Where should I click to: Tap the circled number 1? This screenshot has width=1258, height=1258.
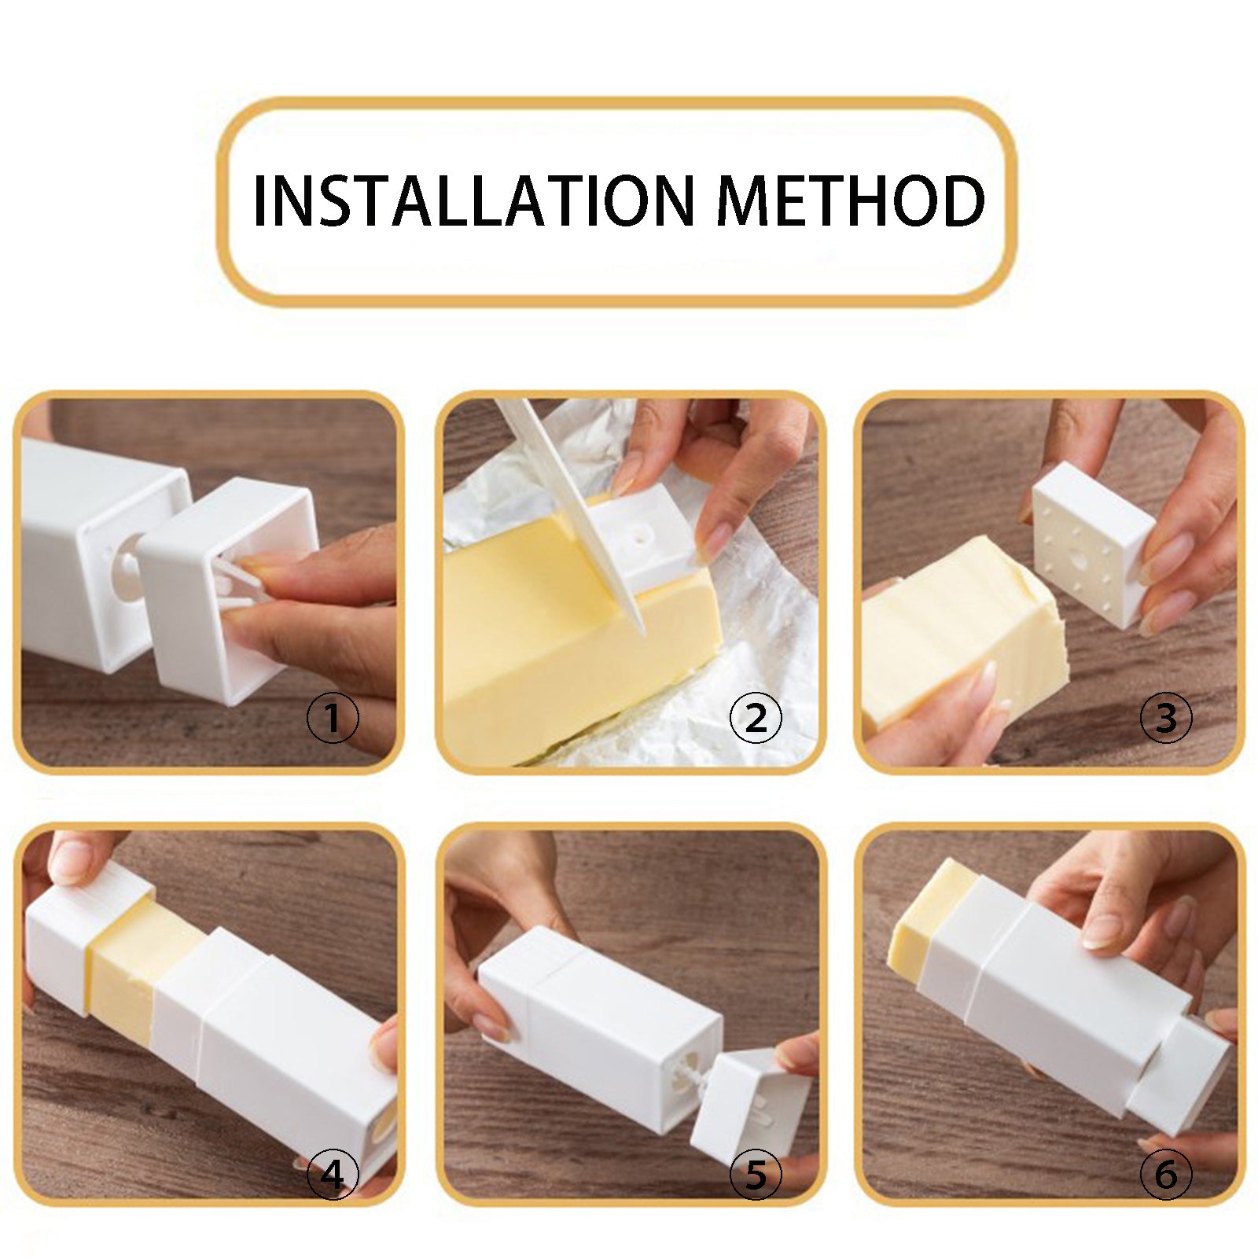333,718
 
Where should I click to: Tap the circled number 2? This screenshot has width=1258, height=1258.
756,718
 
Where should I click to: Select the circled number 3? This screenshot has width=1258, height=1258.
1166,718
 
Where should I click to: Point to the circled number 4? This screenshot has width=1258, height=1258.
333,1175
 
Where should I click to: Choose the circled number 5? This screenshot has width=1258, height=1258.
756,1175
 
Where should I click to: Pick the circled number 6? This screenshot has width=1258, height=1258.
1166,1175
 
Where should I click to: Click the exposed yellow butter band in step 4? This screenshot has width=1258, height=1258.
134,967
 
